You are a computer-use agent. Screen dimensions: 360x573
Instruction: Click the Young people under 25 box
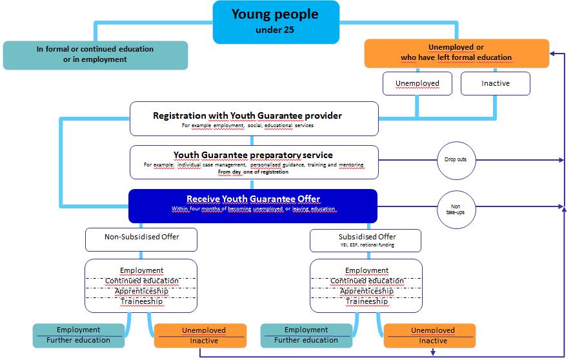click(276, 22)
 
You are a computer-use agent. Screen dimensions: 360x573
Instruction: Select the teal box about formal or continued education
click(95, 55)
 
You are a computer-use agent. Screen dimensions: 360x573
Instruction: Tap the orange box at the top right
click(456, 53)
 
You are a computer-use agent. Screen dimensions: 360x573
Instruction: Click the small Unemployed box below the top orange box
click(417, 83)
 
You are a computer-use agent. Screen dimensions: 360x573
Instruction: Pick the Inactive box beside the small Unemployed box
click(495, 83)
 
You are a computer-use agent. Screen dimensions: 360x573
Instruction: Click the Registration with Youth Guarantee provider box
click(254, 119)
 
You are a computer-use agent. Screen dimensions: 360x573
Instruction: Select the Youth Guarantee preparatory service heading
click(253, 155)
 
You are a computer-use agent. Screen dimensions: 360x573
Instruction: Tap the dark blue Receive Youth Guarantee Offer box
click(253, 203)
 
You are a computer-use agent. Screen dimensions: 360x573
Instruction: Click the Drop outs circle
click(456, 160)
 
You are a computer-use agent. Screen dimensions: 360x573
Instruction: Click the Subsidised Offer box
click(366, 239)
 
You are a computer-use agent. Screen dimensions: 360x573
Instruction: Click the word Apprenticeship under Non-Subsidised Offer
click(141, 291)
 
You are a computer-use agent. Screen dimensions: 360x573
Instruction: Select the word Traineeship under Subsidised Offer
click(367, 301)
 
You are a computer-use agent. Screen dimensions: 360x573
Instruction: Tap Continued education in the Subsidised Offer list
click(367, 281)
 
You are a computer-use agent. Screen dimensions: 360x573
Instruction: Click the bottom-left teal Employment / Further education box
click(78, 335)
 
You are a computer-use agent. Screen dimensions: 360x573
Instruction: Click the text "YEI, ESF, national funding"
click(366, 245)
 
